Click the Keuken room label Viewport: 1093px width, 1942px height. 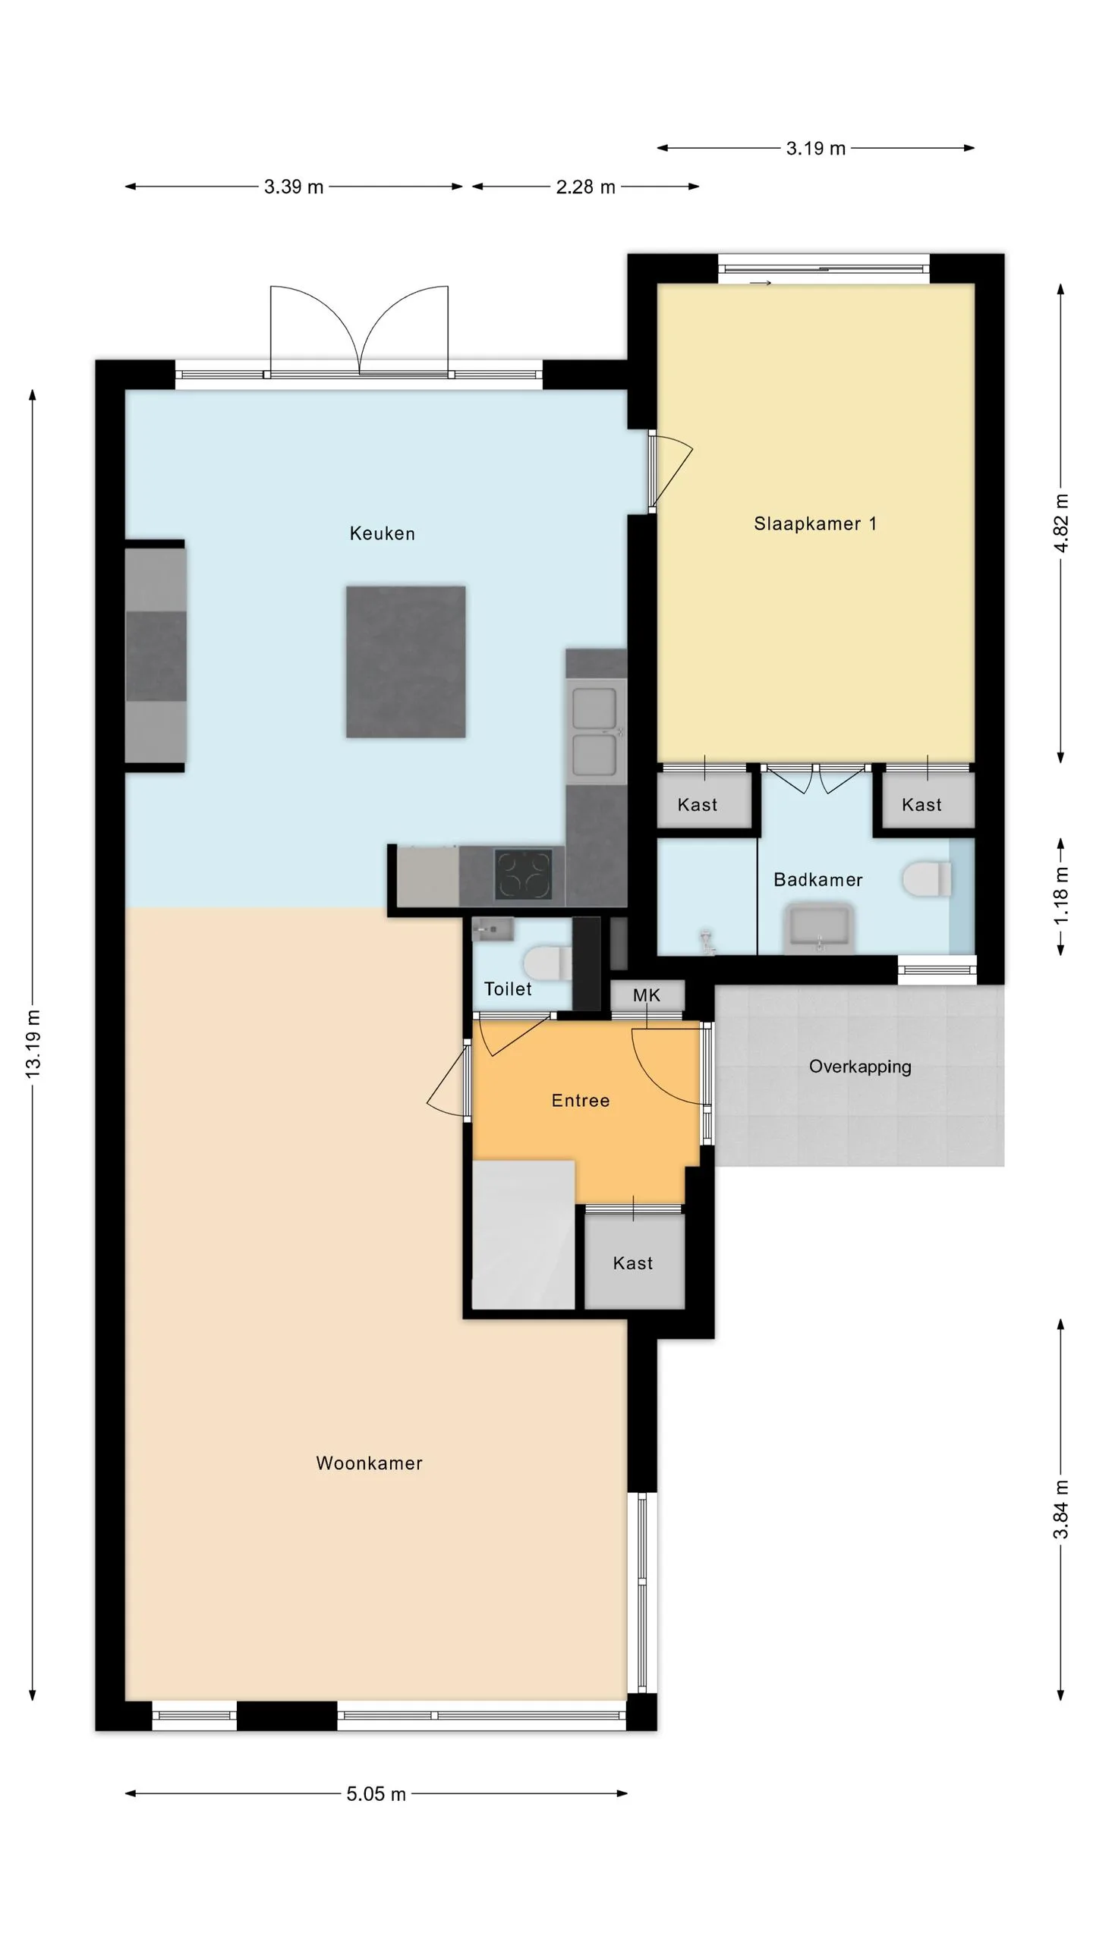click(x=382, y=533)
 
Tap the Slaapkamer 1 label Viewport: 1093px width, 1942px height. click(x=815, y=523)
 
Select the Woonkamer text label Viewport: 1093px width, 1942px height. click(x=369, y=1463)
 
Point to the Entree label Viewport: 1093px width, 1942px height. click(x=581, y=1101)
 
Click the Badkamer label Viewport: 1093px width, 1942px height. click(x=818, y=880)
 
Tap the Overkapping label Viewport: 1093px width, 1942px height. click(x=860, y=1067)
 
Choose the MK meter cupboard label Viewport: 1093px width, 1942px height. click(x=647, y=995)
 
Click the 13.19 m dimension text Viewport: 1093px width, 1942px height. click(x=33, y=1044)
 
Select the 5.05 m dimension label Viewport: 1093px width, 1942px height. click(x=376, y=1794)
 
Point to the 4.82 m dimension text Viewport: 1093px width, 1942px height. click(x=1061, y=523)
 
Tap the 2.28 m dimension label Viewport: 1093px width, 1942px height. click(x=585, y=187)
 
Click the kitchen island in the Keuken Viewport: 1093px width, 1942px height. click(x=406, y=661)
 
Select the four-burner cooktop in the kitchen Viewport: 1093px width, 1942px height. click(x=524, y=875)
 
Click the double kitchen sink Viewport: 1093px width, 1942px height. click(x=595, y=731)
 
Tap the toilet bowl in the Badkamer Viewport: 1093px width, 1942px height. click(x=927, y=879)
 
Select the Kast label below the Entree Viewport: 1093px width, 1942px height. click(x=633, y=1263)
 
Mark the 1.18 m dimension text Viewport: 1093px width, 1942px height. click(x=1061, y=896)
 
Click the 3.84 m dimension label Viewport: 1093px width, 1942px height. click(x=1061, y=1509)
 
